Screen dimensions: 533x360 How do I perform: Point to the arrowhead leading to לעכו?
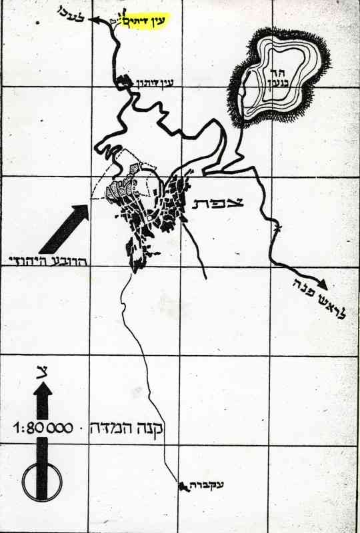tap(97, 19)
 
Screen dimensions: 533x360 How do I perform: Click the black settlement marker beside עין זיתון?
tap(124, 82)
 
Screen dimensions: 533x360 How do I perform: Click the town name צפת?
tap(219, 203)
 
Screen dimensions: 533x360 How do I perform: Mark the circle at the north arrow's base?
tap(41, 478)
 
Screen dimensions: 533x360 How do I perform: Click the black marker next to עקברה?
tap(181, 487)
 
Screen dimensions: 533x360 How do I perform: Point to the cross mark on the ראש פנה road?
tap(277, 230)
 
